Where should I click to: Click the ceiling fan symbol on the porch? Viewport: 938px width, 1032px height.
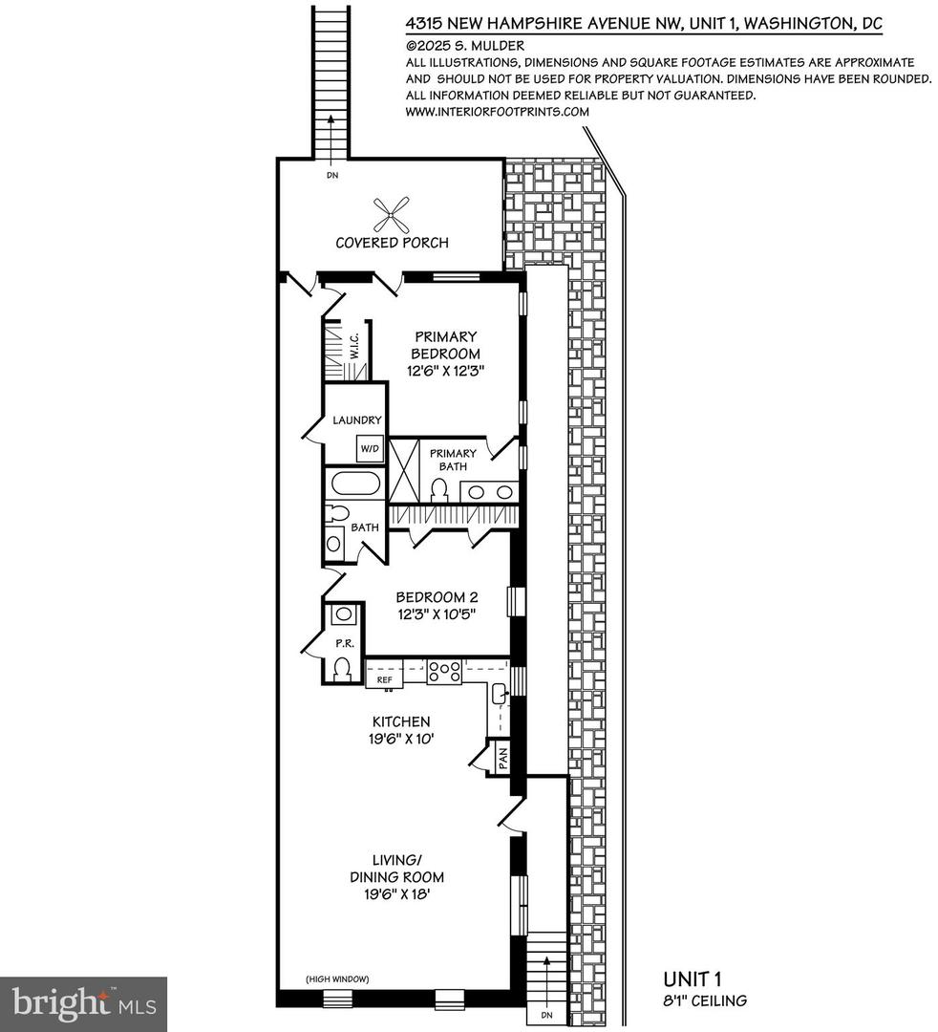392,212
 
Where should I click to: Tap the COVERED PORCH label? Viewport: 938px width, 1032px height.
392,243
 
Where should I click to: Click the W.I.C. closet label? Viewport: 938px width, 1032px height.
353,346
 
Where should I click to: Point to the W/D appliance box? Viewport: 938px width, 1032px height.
369,448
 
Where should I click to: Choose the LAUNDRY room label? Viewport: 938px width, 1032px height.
357,419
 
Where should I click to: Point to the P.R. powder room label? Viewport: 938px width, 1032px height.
343,644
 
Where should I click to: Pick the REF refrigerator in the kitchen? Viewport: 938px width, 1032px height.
385,679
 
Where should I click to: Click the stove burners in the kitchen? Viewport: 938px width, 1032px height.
443,671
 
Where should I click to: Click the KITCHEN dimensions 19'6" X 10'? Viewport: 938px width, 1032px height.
401,740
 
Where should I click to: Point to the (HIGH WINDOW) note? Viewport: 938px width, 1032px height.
338,978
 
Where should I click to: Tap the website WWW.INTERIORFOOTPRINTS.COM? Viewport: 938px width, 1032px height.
498,111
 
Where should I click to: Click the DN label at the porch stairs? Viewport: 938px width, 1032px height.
331,176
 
